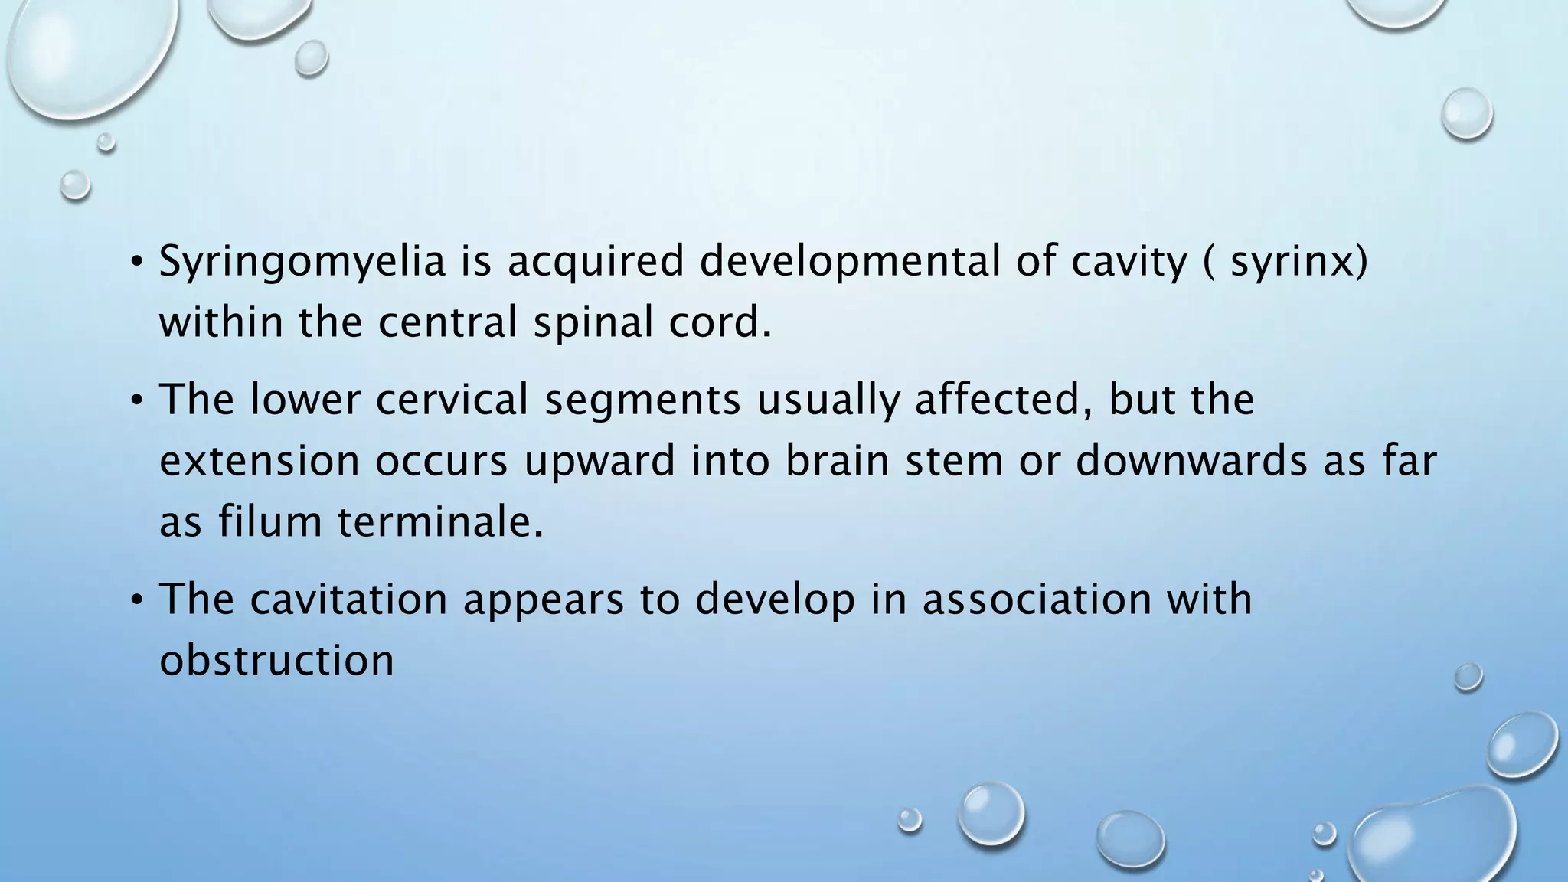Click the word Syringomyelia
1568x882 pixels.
302,262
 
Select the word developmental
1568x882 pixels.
849,262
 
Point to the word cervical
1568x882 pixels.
452,400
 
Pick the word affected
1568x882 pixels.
1004,400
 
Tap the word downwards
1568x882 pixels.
1191,461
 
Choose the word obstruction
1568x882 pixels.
276,660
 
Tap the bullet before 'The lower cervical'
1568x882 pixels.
136,401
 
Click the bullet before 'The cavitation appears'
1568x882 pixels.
136,600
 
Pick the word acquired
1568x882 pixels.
595,262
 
